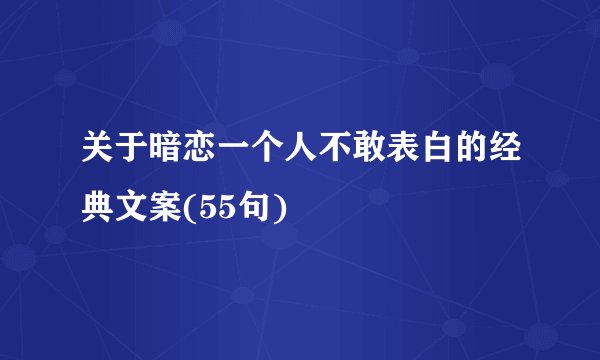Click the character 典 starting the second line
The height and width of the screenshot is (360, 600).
99,207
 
